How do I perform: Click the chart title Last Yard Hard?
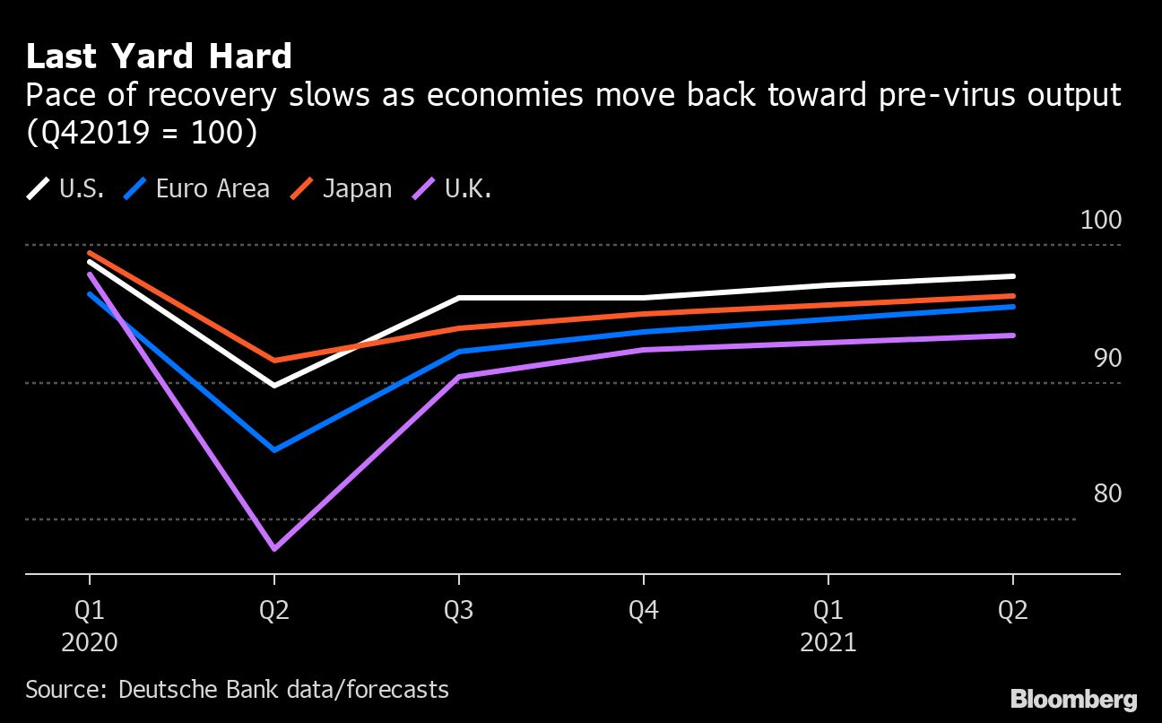(159, 57)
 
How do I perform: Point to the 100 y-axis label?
(1100, 221)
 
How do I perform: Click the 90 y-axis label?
(1107, 358)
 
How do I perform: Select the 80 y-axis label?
(1107, 494)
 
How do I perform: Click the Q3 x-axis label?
(459, 612)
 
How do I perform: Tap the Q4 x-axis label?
(644, 612)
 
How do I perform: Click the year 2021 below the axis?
(828, 643)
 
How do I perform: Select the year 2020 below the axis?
(90, 643)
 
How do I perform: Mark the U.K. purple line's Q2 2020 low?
(273, 548)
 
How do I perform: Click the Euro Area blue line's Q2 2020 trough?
(273, 449)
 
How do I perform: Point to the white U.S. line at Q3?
(459, 298)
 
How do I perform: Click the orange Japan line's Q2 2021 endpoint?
(1013, 296)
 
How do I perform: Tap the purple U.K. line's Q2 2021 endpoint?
(1013, 335)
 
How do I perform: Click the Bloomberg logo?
(1073, 699)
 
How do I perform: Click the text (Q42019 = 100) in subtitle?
(141, 132)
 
